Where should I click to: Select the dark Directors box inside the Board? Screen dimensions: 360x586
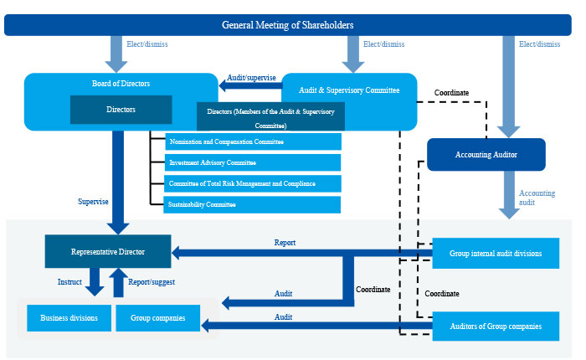121,110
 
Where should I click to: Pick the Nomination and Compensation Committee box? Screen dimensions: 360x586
252,141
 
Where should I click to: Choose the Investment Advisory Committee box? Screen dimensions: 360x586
252,162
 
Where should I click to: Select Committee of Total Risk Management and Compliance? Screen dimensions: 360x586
252,183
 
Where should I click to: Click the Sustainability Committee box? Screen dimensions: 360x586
252,204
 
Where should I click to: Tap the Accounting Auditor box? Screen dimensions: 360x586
486,155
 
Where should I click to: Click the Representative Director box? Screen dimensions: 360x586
108,251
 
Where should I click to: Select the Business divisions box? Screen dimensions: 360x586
64,318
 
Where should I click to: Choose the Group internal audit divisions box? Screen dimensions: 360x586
495,253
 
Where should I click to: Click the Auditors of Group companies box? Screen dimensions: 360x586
495,326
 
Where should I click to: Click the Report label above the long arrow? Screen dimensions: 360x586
285,243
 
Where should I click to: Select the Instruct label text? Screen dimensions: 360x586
69,282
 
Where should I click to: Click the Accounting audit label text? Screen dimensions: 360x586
537,198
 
